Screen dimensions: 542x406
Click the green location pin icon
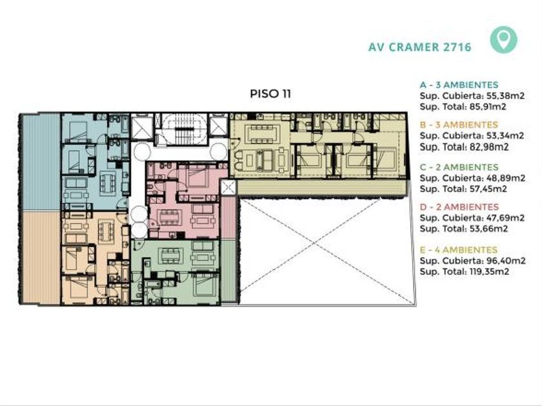point(504,39)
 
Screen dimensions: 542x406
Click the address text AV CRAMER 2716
point(419,47)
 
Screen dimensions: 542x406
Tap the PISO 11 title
point(270,94)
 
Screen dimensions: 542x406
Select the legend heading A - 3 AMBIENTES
point(459,84)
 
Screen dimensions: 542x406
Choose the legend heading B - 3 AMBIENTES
point(459,124)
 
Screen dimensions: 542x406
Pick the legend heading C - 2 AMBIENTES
point(459,167)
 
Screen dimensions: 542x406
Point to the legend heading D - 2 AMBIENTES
point(459,207)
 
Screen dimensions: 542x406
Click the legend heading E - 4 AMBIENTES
point(459,249)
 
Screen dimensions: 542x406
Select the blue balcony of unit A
point(41,162)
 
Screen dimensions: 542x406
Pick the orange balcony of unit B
point(41,257)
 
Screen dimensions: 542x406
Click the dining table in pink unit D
point(169,217)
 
